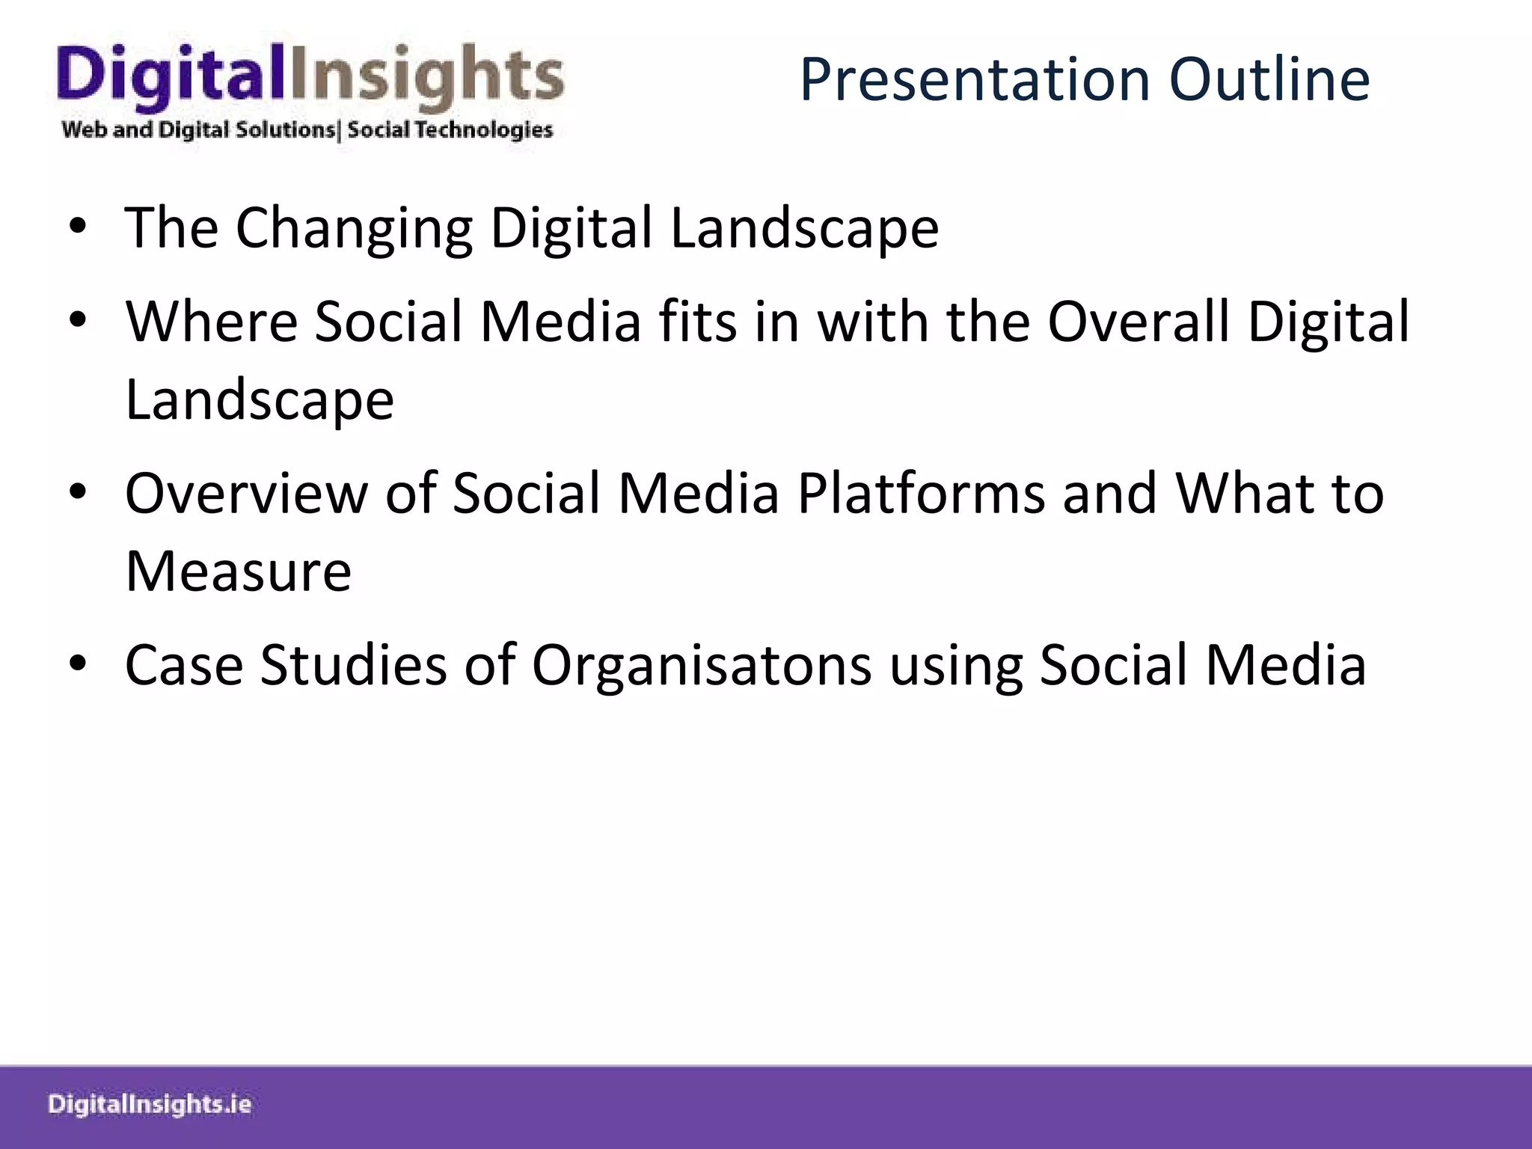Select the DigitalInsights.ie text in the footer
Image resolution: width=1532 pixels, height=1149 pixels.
[x=150, y=1105]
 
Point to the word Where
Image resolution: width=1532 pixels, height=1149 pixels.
[x=212, y=322]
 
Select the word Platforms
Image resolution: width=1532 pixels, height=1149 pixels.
[x=920, y=494]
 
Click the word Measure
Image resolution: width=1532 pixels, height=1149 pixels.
[x=238, y=572]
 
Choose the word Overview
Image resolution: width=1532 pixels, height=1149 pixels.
[x=246, y=494]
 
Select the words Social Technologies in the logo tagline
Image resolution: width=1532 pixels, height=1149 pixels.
[x=450, y=130]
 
